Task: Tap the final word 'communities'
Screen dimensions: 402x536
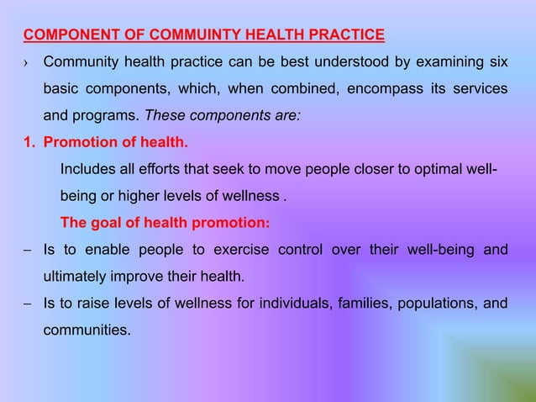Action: tap(87, 329)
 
